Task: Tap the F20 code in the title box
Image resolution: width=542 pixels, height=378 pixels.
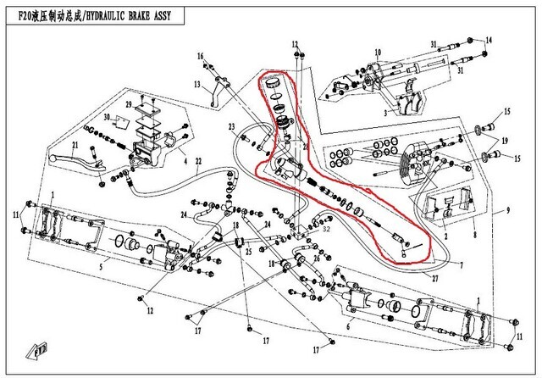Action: coord(25,11)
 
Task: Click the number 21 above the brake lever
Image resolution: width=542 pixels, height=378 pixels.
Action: coord(75,146)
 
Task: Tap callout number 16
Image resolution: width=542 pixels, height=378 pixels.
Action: coord(201,56)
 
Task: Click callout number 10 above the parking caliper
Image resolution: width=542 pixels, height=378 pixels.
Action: coord(377,53)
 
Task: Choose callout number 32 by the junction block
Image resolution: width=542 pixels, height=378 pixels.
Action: coord(327,227)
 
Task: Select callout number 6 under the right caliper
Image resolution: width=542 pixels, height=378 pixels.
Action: coord(348,325)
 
